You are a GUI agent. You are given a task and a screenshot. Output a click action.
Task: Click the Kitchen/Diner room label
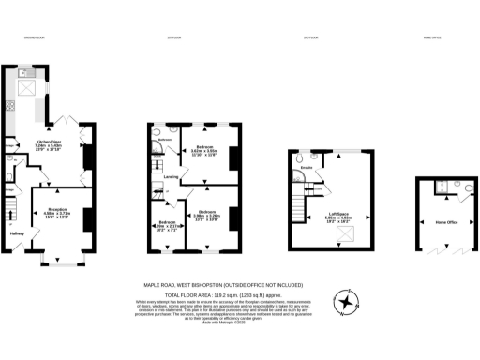[x=48, y=143]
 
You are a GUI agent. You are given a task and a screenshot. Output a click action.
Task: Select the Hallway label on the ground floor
[x=16, y=234]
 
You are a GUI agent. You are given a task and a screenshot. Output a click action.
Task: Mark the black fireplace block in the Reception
[x=86, y=218]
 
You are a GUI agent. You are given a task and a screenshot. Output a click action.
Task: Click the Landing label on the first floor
[x=172, y=176]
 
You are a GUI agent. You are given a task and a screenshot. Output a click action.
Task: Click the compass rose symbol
[x=349, y=302]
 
